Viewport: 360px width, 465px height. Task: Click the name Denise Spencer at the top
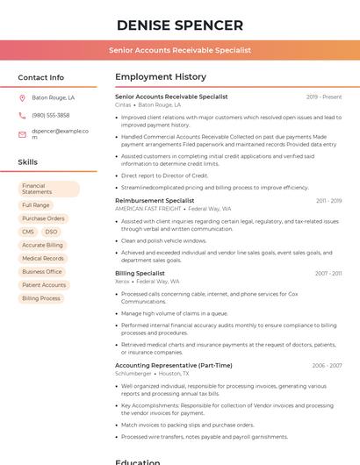pyautogui.click(x=179, y=25)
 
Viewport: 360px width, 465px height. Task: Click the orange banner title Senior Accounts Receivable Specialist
pyautogui.click(x=179, y=51)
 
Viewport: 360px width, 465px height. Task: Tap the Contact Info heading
pyautogui.click(x=40, y=77)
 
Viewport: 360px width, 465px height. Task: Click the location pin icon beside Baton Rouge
pyautogui.click(x=23, y=98)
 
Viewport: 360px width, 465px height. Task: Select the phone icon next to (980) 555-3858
pyautogui.click(x=23, y=115)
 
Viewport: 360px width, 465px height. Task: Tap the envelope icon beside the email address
pyautogui.click(x=23, y=134)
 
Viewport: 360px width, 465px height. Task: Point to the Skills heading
pyautogui.click(x=28, y=162)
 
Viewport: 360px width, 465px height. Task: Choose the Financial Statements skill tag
pyautogui.click(x=48, y=189)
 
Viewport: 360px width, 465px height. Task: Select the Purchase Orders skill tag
pyautogui.click(x=43, y=218)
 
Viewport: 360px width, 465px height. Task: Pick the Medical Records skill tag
pyautogui.click(x=42, y=259)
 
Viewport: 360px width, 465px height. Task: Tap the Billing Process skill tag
pyautogui.click(x=41, y=298)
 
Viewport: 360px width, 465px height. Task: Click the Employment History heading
pyautogui.click(x=160, y=77)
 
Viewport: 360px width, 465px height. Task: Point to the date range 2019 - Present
pyautogui.click(x=324, y=97)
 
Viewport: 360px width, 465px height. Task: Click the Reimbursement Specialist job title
pyautogui.click(x=155, y=201)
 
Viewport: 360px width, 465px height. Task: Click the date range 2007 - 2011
pyautogui.click(x=328, y=274)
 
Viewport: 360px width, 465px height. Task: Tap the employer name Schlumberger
pyautogui.click(x=133, y=373)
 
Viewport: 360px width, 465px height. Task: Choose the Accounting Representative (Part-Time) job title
pyautogui.click(x=174, y=365)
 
